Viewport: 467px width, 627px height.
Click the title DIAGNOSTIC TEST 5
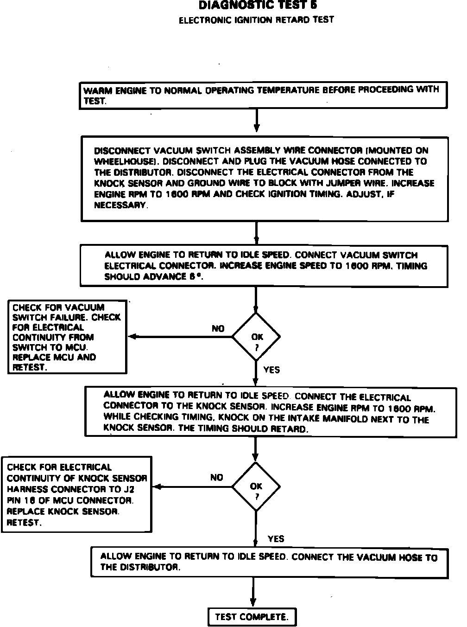[x=258, y=6]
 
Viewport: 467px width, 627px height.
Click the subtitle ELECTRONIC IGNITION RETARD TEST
[x=256, y=20]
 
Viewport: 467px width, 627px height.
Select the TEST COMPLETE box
[x=252, y=617]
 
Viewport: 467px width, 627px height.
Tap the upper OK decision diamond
[x=256, y=337]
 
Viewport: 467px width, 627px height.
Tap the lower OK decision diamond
[x=256, y=486]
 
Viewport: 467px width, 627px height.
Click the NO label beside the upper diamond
[x=218, y=328]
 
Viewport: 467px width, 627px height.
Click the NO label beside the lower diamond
[x=216, y=477]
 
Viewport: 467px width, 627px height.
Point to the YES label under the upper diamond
[x=271, y=370]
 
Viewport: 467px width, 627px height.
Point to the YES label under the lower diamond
[x=276, y=539]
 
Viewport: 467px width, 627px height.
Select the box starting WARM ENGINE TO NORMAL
[x=263, y=95]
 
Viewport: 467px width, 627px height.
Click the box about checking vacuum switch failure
[x=67, y=337]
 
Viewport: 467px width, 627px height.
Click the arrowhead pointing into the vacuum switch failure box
[x=132, y=337]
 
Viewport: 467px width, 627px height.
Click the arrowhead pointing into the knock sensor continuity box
[x=157, y=487]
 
